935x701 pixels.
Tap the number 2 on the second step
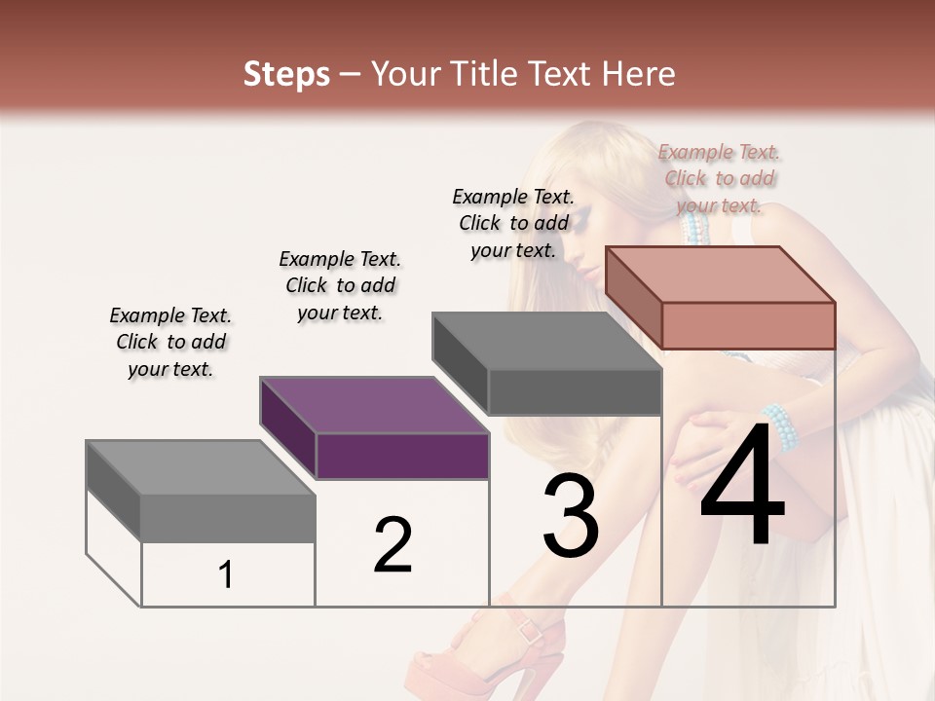pyautogui.click(x=393, y=545)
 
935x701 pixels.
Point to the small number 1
pyautogui.click(x=226, y=575)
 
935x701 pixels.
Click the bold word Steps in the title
pyautogui.click(x=286, y=74)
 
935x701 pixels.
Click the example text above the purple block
pyautogui.click(x=340, y=285)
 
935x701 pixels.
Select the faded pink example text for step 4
pyautogui.click(x=720, y=178)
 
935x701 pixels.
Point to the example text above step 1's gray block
pyautogui.click(x=170, y=342)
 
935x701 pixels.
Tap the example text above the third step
pyautogui.click(x=513, y=223)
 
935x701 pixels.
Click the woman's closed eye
pyautogui.click(x=580, y=226)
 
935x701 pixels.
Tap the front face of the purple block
pyautogui.click(x=402, y=456)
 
